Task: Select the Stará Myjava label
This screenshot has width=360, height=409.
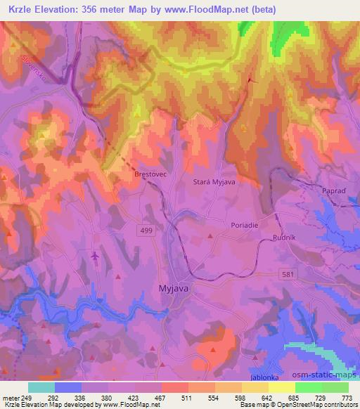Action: point(212,181)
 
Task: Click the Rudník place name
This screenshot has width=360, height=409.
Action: point(285,238)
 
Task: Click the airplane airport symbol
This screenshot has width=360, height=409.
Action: point(95,257)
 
